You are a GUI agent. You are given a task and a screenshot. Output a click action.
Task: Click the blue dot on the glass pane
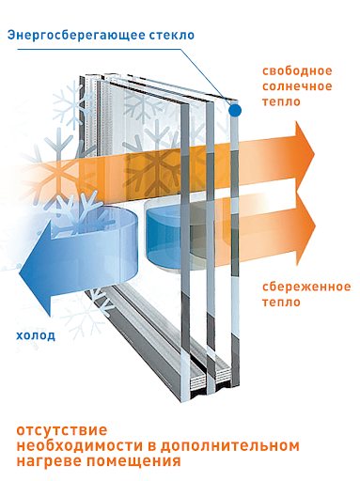coord(235,110)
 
